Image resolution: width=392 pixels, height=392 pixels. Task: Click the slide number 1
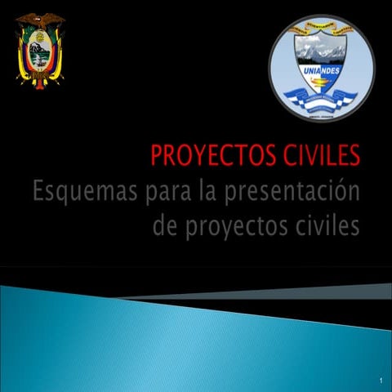(x=381, y=381)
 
